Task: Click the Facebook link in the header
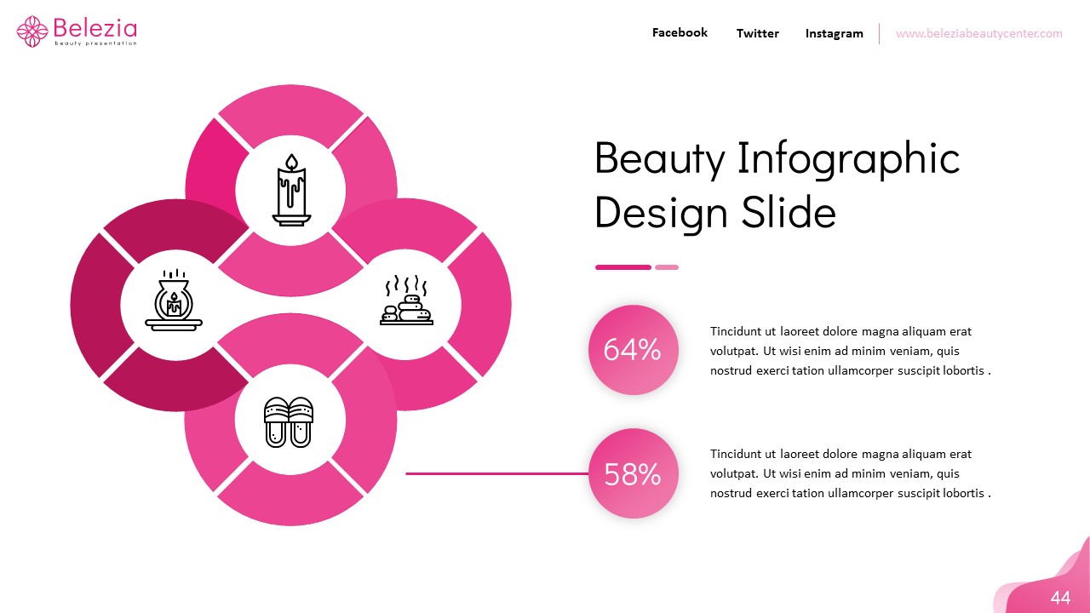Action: [680, 33]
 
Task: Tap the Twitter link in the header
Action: [757, 34]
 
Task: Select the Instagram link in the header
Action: [834, 34]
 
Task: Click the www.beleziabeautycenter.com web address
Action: [978, 34]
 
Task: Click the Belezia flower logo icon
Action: [32, 32]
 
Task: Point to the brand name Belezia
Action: [94, 26]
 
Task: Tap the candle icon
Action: [291, 190]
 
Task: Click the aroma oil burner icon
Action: [174, 301]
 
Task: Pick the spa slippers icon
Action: [290, 421]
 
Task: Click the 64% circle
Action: [633, 350]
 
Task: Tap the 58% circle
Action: [633, 473]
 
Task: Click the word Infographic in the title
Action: [848, 159]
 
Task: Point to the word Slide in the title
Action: [789, 212]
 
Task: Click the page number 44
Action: [1060, 598]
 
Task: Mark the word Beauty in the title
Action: [659, 159]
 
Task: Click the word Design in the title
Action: [661, 212]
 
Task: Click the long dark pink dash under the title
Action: [622, 267]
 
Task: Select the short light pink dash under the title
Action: [667, 267]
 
